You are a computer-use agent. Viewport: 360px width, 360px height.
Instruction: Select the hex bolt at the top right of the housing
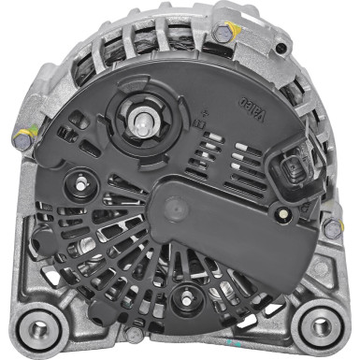tap(223, 35)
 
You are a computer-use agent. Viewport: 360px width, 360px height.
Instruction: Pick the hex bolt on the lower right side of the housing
tap(331, 227)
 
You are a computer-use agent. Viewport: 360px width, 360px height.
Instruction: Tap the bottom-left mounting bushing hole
tap(40, 329)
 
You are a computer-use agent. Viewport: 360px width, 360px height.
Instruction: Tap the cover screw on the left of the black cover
tap(79, 181)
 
